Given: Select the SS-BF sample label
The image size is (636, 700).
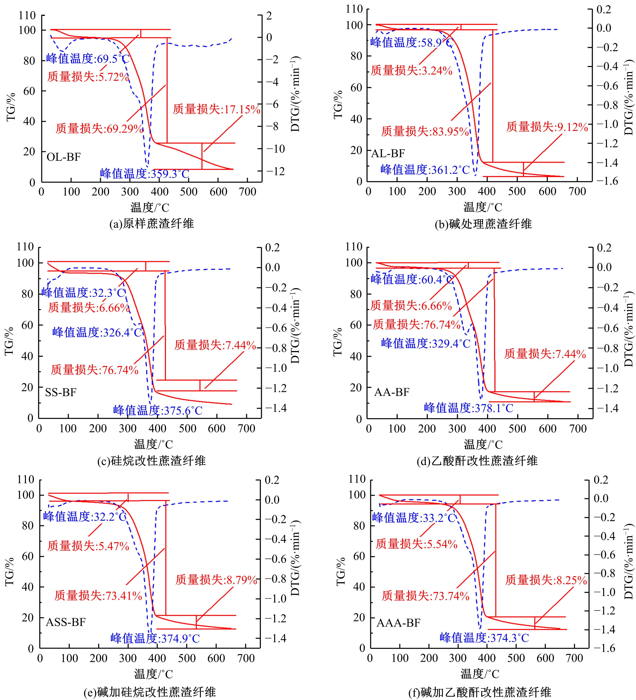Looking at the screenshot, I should [x=61, y=392].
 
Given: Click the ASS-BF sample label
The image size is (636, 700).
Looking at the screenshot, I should [x=66, y=622].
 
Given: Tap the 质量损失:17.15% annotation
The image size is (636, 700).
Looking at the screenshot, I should [x=216, y=109].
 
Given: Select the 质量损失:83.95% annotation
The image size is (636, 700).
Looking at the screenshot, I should [x=425, y=131].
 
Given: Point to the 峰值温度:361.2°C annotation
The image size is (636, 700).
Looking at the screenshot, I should [x=425, y=169].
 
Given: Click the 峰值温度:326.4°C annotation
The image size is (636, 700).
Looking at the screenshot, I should [x=97, y=332].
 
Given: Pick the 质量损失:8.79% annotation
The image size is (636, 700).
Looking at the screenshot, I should [x=216, y=580].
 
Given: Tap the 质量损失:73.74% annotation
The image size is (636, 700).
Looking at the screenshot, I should [x=425, y=596].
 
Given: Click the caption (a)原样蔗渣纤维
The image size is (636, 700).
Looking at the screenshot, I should [x=152, y=223].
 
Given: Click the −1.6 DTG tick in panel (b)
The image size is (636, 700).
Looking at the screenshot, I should [x=607, y=181].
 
